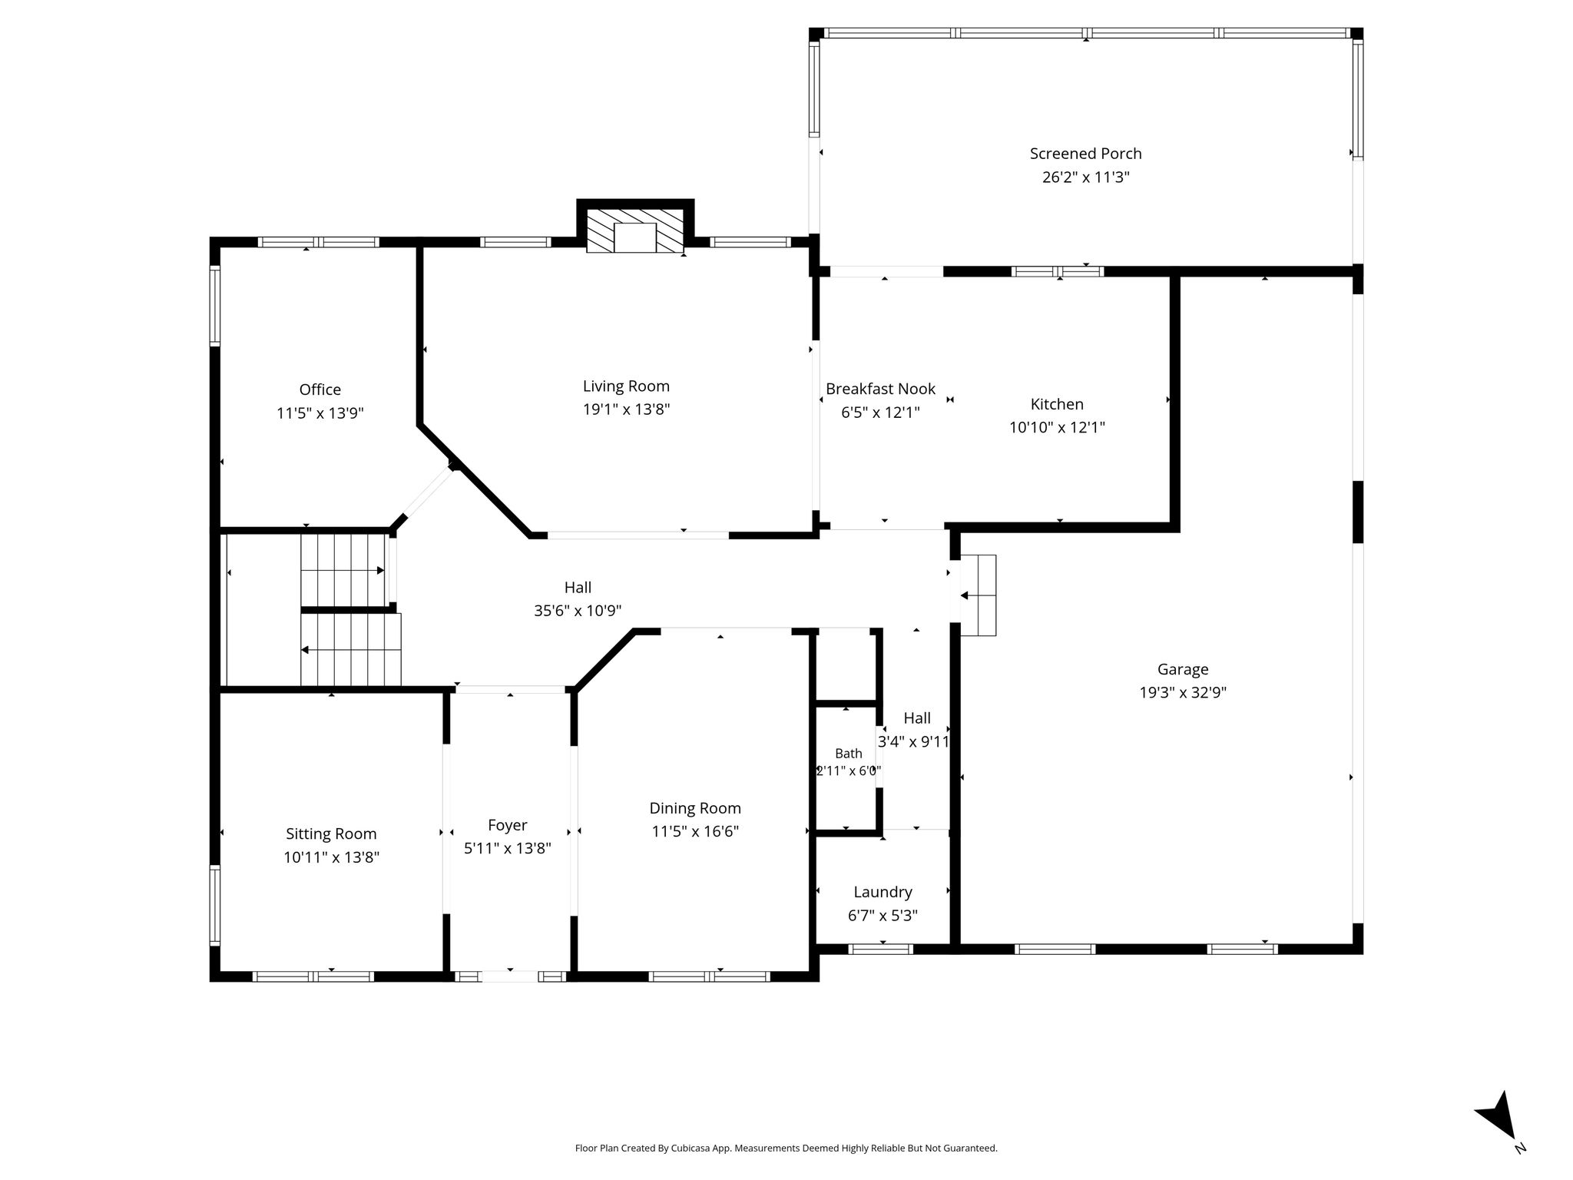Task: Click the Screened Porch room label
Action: click(x=1085, y=154)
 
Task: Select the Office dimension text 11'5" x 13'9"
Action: click(x=320, y=413)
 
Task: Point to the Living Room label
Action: click(x=626, y=386)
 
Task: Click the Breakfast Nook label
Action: click(x=880, y=389)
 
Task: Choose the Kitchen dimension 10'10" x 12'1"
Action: click(x=1057, y=427)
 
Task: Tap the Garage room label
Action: click(x=1183, y=670)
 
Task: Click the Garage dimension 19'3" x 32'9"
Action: click(x=1183, y=693)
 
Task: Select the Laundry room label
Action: click(x=883, y=893)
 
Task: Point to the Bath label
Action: click(x=848, y=754)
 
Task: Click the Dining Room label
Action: click(x=695, y=808)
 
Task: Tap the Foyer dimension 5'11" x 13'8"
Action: click(x=508, y=849)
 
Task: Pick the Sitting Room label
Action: click(x=331, y=834)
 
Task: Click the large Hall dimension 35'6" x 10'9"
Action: click(x=578, y=611)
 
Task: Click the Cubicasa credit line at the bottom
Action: click(x=786, y=1149)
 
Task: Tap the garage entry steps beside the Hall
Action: click(x=978, y=595)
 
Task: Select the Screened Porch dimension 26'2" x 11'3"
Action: click(x=1085, y=177)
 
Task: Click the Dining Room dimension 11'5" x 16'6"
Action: click(x=695, y=832)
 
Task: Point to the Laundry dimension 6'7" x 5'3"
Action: click(x=883, y=916)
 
